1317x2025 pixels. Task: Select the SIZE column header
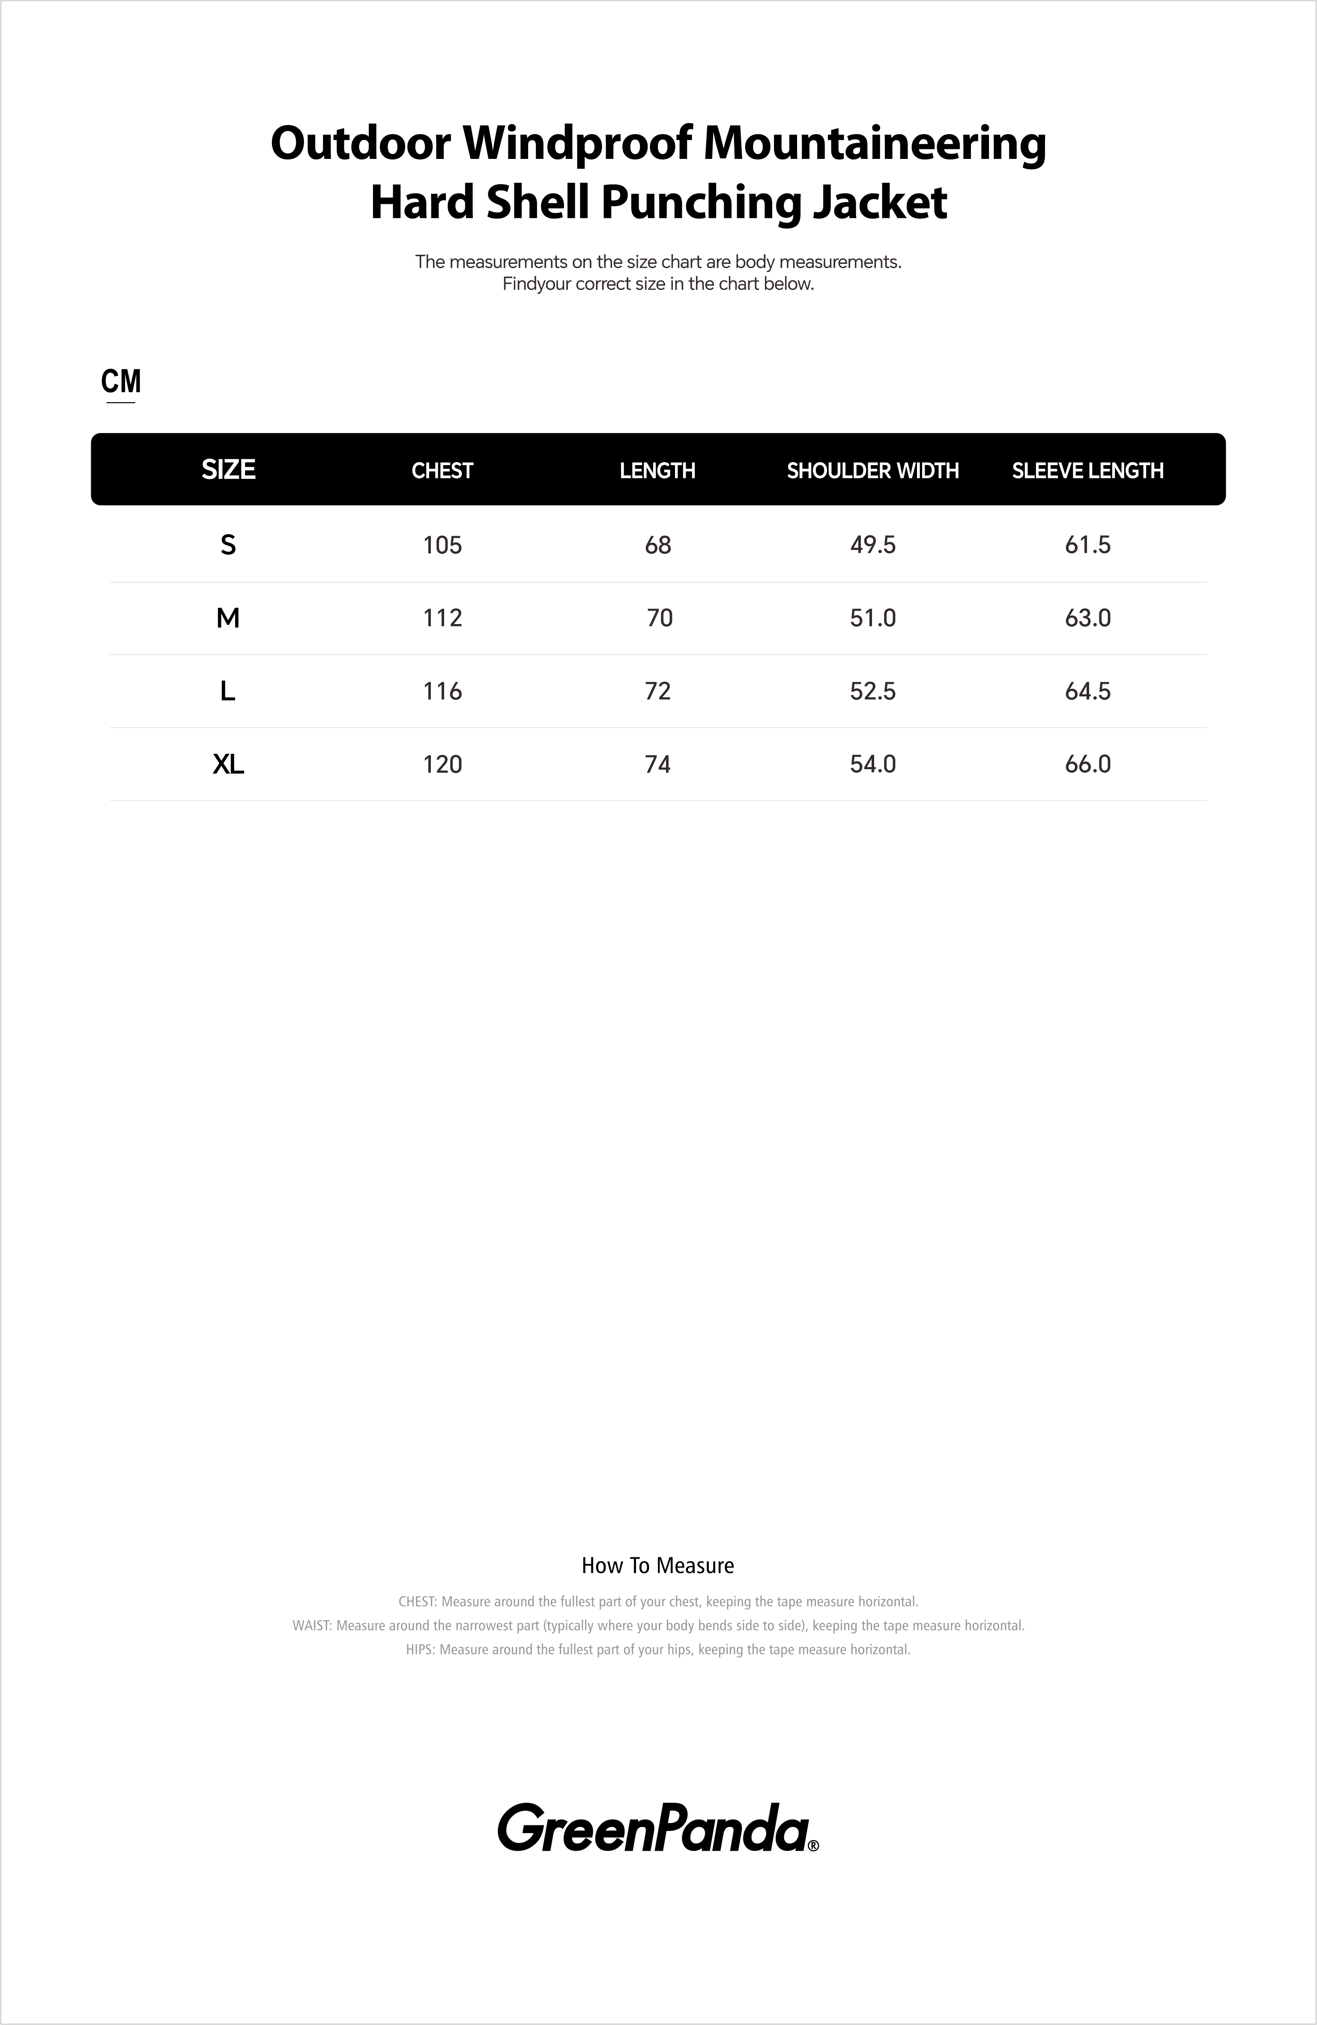pos(228,470)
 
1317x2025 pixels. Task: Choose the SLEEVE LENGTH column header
pos(1087,471)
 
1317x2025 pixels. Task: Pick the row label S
pos(228,544)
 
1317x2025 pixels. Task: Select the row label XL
pos(228,764)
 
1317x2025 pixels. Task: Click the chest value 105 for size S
pos(442,544)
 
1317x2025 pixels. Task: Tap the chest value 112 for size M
pos(442,618)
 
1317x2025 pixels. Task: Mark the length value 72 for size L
pos(658,691)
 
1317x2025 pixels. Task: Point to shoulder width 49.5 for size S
pos(873,544)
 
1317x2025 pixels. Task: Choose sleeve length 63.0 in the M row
pos(1087,618)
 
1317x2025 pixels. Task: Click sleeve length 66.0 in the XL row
pos(1087,764)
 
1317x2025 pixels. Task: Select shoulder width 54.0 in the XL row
pos(873,764)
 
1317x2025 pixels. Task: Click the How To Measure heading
pos(658,1565)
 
